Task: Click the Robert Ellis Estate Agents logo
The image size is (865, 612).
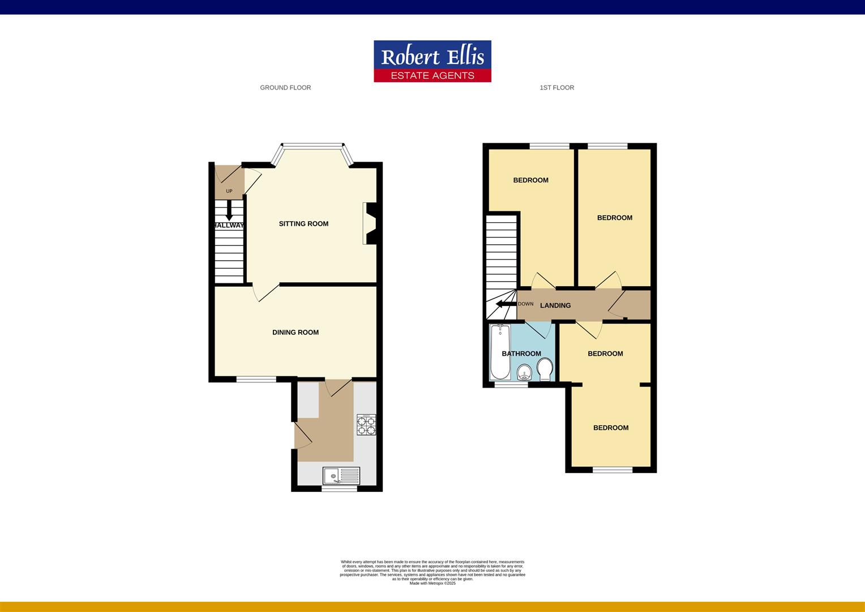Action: [x=432, y=61]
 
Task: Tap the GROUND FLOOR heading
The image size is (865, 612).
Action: [x=285, y=88]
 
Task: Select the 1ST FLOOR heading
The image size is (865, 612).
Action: [x=556, y=88]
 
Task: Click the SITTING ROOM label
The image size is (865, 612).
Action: [x=303, y=224]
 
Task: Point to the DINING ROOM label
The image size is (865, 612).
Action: [x=296, y=333]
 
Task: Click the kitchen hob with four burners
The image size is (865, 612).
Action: [x=366, y=425]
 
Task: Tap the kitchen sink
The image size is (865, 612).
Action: [x=341, y=475]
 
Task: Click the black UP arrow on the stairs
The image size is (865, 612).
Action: [x=229, y=211]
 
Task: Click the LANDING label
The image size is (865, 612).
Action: [x=555, y=305]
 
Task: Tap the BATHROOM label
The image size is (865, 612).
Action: [x=521, y=354]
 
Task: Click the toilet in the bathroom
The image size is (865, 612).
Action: [x=545, y=369]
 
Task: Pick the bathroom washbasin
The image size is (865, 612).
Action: [x=525, y=372]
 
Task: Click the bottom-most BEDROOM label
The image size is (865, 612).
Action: [x=611, y=428]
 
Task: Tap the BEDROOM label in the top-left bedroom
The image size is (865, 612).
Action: [x=530, y=180]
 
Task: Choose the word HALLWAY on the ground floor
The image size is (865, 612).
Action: [x=229, y=226]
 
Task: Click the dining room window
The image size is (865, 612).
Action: [x=256, y=379]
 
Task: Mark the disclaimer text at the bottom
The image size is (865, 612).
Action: [x=432, y=572]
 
